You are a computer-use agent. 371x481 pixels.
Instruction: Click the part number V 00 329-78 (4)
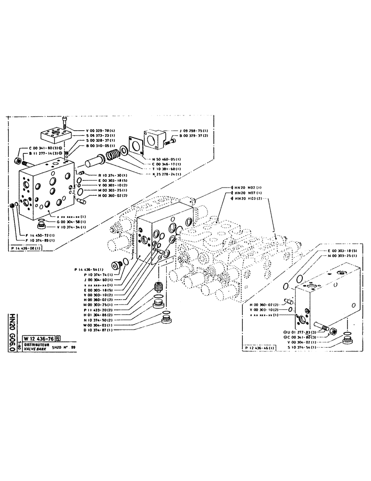point(100,130)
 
